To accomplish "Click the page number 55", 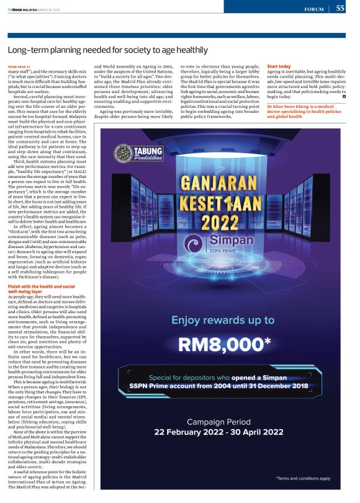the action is (x=341, y=9).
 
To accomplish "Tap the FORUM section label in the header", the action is (x=315, y=9).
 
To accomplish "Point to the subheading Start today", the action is (x=280, y=66).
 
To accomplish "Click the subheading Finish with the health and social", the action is (x=41, y=287).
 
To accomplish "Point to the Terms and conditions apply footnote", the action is (x=303, y=478).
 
